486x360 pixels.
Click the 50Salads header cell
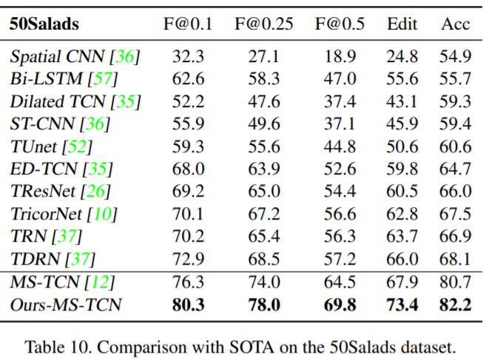tap(44, 24)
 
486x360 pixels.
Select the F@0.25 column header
tap(264, 24)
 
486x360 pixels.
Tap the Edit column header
tap(402, 24)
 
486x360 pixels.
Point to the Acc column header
tap(456, 24)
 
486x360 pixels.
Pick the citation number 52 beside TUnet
tap(78, 146)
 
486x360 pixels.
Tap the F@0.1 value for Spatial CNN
tap(188, 56)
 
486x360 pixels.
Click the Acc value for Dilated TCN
tap(456, 101)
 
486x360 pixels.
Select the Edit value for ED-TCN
tap(402, 169)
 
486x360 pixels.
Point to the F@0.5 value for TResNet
tap(340, 192)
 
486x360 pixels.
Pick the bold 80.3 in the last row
tap(188, 304)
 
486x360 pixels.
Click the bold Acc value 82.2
tap(456, 304)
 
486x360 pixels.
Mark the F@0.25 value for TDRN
tap(264, 259)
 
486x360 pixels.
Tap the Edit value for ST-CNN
tap(402, 123)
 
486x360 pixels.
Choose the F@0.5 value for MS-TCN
tap(340, 282)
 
